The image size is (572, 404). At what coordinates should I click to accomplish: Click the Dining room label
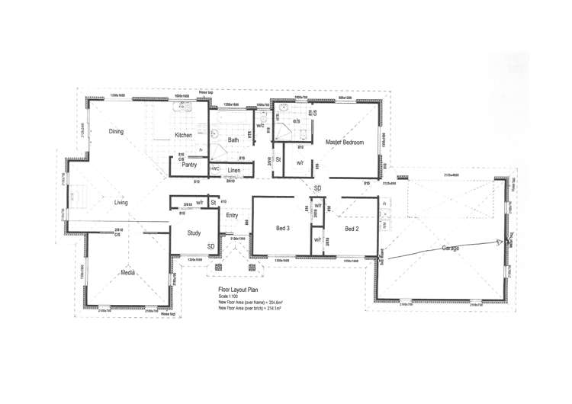116,131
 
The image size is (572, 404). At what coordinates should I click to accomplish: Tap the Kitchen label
184,135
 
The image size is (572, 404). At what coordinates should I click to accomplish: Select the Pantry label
190,163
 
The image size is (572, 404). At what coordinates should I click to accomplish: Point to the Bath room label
233,139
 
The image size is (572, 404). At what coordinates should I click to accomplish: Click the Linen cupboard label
234,169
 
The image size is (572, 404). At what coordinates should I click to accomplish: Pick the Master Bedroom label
345,143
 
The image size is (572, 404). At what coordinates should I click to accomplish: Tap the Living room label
121,202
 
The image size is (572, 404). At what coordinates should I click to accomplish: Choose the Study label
193,233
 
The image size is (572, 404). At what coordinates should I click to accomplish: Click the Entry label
234,216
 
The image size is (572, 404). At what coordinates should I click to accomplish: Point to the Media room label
127,271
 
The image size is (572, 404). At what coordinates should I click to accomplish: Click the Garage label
450,248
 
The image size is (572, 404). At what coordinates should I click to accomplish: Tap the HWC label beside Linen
215,168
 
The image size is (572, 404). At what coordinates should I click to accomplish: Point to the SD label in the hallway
317,187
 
